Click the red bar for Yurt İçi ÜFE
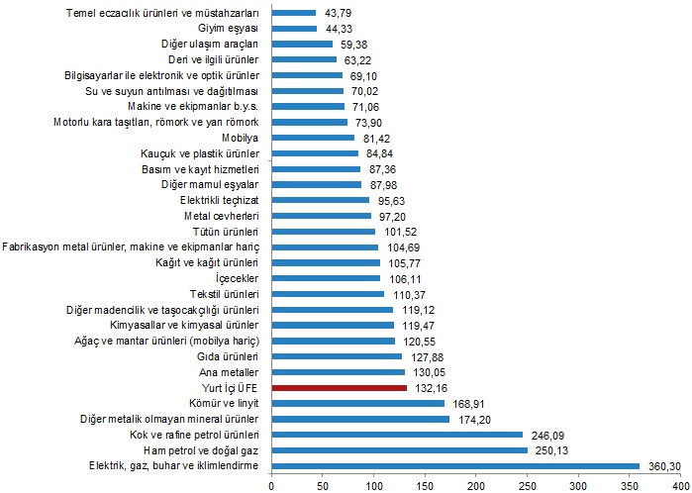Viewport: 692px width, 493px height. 339,387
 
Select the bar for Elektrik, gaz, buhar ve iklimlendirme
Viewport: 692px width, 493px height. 455,466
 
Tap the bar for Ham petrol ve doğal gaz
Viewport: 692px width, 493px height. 399,450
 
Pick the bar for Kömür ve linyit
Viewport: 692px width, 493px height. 357,403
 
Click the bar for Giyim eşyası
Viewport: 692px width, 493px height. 294,28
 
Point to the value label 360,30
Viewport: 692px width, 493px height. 661,466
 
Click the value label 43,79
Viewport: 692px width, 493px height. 335,13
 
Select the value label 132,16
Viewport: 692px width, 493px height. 428,387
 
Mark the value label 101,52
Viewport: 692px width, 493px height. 396,232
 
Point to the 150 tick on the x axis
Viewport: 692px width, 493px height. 425,485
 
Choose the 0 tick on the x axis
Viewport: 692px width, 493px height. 271,485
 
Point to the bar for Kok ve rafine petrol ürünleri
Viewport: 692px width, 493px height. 397,435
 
